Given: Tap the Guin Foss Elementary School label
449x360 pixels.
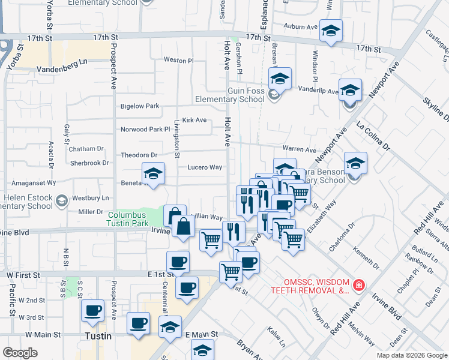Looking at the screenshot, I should [229, 95].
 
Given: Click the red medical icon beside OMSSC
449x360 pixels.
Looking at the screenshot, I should [358, 284].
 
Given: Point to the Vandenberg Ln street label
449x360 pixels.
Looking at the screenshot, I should [62, 69].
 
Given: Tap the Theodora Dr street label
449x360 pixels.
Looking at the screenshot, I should [139, 155].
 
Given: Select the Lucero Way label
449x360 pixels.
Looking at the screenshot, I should [205, 167].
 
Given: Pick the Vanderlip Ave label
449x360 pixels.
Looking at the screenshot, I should [319, 91].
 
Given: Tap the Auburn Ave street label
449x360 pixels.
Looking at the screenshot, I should [300, 27].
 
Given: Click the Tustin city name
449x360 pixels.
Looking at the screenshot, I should [98, 337].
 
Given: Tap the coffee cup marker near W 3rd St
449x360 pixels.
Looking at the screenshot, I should [92, 310].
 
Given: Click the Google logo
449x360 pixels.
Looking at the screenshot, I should [20, 353].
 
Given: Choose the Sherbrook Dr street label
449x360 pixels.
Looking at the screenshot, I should [89, 163].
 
